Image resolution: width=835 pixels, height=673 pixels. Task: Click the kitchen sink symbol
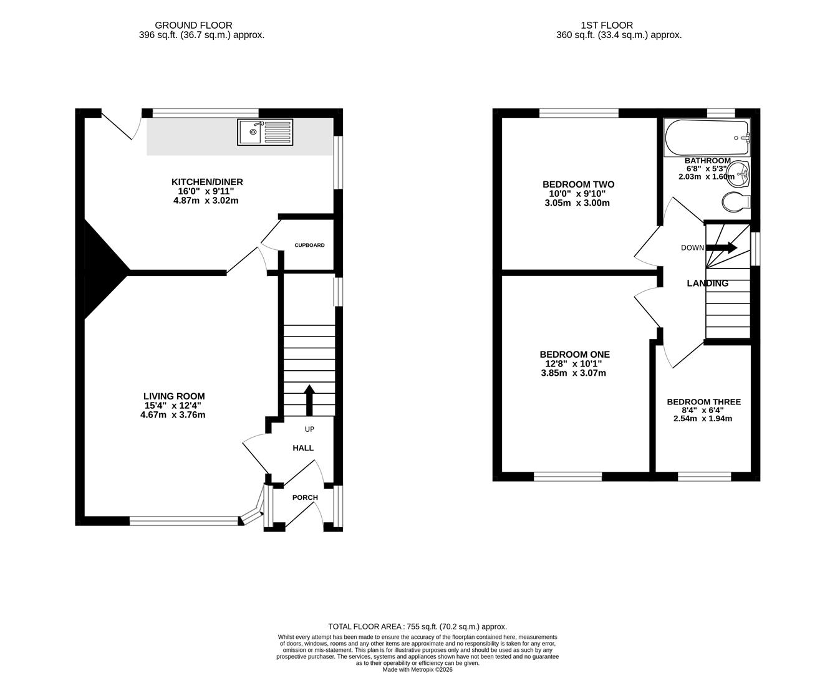click(x=265, y=132)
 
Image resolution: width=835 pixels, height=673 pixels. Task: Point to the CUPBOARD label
click(x=310, y=246)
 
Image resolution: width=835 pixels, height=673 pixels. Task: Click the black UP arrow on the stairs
click(x=309, y=399)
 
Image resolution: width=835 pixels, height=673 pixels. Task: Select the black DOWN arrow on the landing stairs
click(x=722, y=247)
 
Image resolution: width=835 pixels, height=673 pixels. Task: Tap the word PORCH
click(x=305, y=498)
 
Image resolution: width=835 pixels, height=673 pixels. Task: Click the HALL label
click(x=303, y=448)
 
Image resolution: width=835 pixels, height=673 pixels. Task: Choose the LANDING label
click(x=707, y=284)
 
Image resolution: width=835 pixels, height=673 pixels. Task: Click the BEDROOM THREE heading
click(x=703, y=403)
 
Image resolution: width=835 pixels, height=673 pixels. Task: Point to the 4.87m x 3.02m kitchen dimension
click(x=206, y=201)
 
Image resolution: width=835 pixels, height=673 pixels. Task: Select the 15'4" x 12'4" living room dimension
click(x=173, y=406)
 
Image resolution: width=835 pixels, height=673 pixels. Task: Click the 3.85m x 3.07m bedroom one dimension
click(x=573, y=373)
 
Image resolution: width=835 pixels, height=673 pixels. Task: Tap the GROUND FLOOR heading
click(x=193, y=26)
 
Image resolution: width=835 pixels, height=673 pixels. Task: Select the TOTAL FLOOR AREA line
click(x=417, y=627)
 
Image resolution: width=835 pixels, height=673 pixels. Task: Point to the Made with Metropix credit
click(x=417, y=670)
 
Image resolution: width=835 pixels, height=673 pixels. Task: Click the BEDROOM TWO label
click(x=578, y=184)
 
